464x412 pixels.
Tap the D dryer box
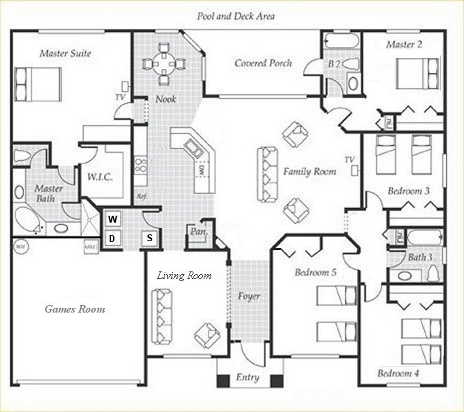point(112,238)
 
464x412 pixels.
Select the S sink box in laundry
point(150,238)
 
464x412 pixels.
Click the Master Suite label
point(65,53)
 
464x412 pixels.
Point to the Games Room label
point(75,309)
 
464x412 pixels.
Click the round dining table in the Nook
point(164,64)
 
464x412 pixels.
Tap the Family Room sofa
point(267,174)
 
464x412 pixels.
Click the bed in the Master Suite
point(38,84)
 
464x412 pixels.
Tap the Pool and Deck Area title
point(235,16)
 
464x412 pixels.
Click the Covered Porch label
point(263,63)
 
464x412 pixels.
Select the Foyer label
point(249,296)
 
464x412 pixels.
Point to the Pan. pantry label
point(199,232)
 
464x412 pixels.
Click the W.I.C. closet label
point(100,177)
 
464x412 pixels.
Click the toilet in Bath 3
point(434,273)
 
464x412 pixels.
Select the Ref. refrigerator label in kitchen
point(141,197)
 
